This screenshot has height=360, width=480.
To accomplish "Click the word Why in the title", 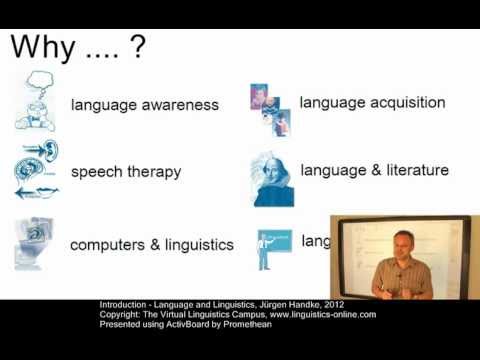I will pos(47,47).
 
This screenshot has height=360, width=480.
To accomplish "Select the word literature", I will pos(413,170).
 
